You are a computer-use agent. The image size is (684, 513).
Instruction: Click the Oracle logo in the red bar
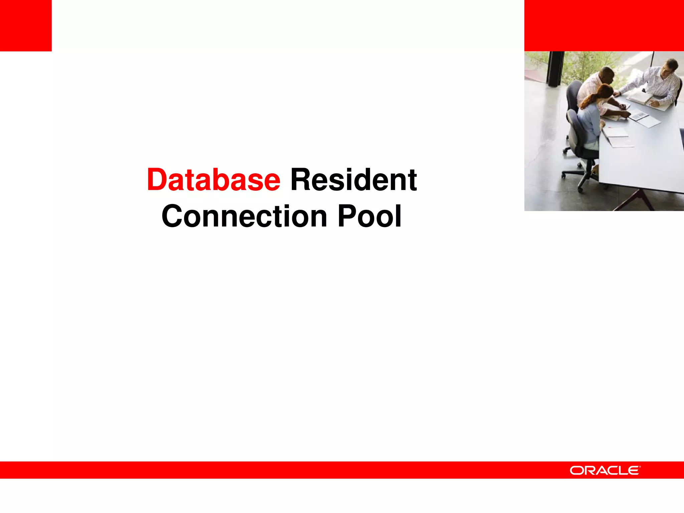point(605,470)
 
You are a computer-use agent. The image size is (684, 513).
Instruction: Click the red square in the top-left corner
point(26,25)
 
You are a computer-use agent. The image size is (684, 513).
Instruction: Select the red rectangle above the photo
point(604,25)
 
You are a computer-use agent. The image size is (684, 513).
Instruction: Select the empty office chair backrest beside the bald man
point(574,95)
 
